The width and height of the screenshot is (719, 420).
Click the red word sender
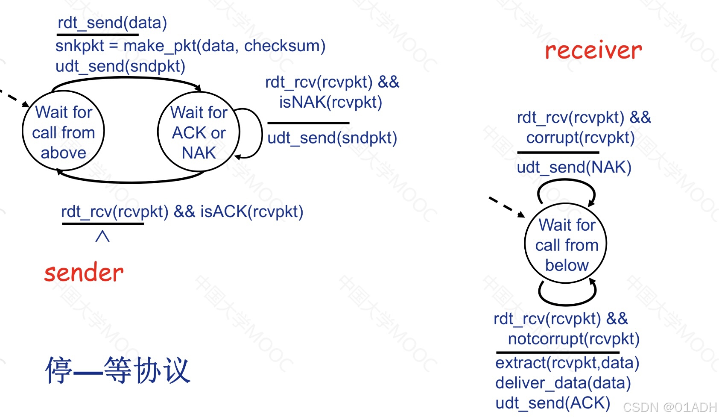click(84, 273)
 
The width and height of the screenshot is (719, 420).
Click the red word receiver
click(593, 50)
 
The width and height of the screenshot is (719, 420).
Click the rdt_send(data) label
click(112, 23)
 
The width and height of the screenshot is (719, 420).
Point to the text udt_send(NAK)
click(574, 167)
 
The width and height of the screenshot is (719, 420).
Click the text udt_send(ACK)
click(552, 403)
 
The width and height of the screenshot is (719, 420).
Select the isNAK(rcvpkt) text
click(330, 102)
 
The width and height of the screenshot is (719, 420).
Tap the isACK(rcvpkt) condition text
click(252, 211)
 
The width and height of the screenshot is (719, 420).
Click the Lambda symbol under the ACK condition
click(102, 236)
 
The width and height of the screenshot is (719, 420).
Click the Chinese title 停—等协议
click(118, 370)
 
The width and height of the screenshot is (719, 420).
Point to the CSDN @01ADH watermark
click(669, 407)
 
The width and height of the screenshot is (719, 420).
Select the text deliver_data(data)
click(563, 383)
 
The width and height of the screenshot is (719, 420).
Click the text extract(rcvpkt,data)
click(567, 363)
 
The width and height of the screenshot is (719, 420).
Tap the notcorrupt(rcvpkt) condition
click(573, 339)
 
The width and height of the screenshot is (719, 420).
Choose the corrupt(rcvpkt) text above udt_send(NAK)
click(580, 138)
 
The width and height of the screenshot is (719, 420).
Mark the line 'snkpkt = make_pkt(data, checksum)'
click(190, 46)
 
